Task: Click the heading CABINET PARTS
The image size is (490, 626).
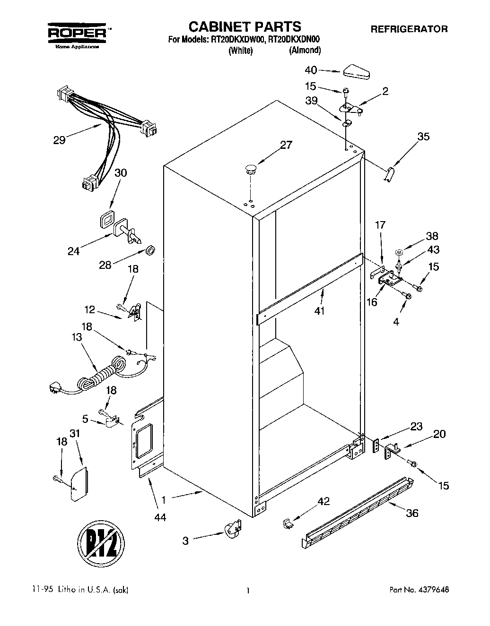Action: (245, 26)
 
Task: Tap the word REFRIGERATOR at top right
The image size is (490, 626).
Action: (409, 29)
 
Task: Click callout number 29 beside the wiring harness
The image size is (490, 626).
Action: (59, 140)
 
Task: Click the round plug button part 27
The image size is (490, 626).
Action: (251, 169)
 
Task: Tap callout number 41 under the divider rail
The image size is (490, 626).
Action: (320, 312)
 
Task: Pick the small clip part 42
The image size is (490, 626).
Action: (287, 523)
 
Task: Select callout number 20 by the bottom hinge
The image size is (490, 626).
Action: (439, 434)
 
